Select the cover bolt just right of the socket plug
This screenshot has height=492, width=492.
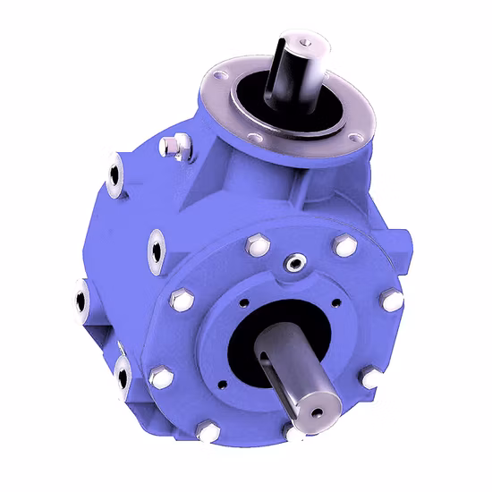[x=343, y=246]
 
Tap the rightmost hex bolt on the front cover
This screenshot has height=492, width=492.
[x=391, y=301]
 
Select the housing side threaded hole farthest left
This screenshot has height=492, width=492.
[x=81, y=299]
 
